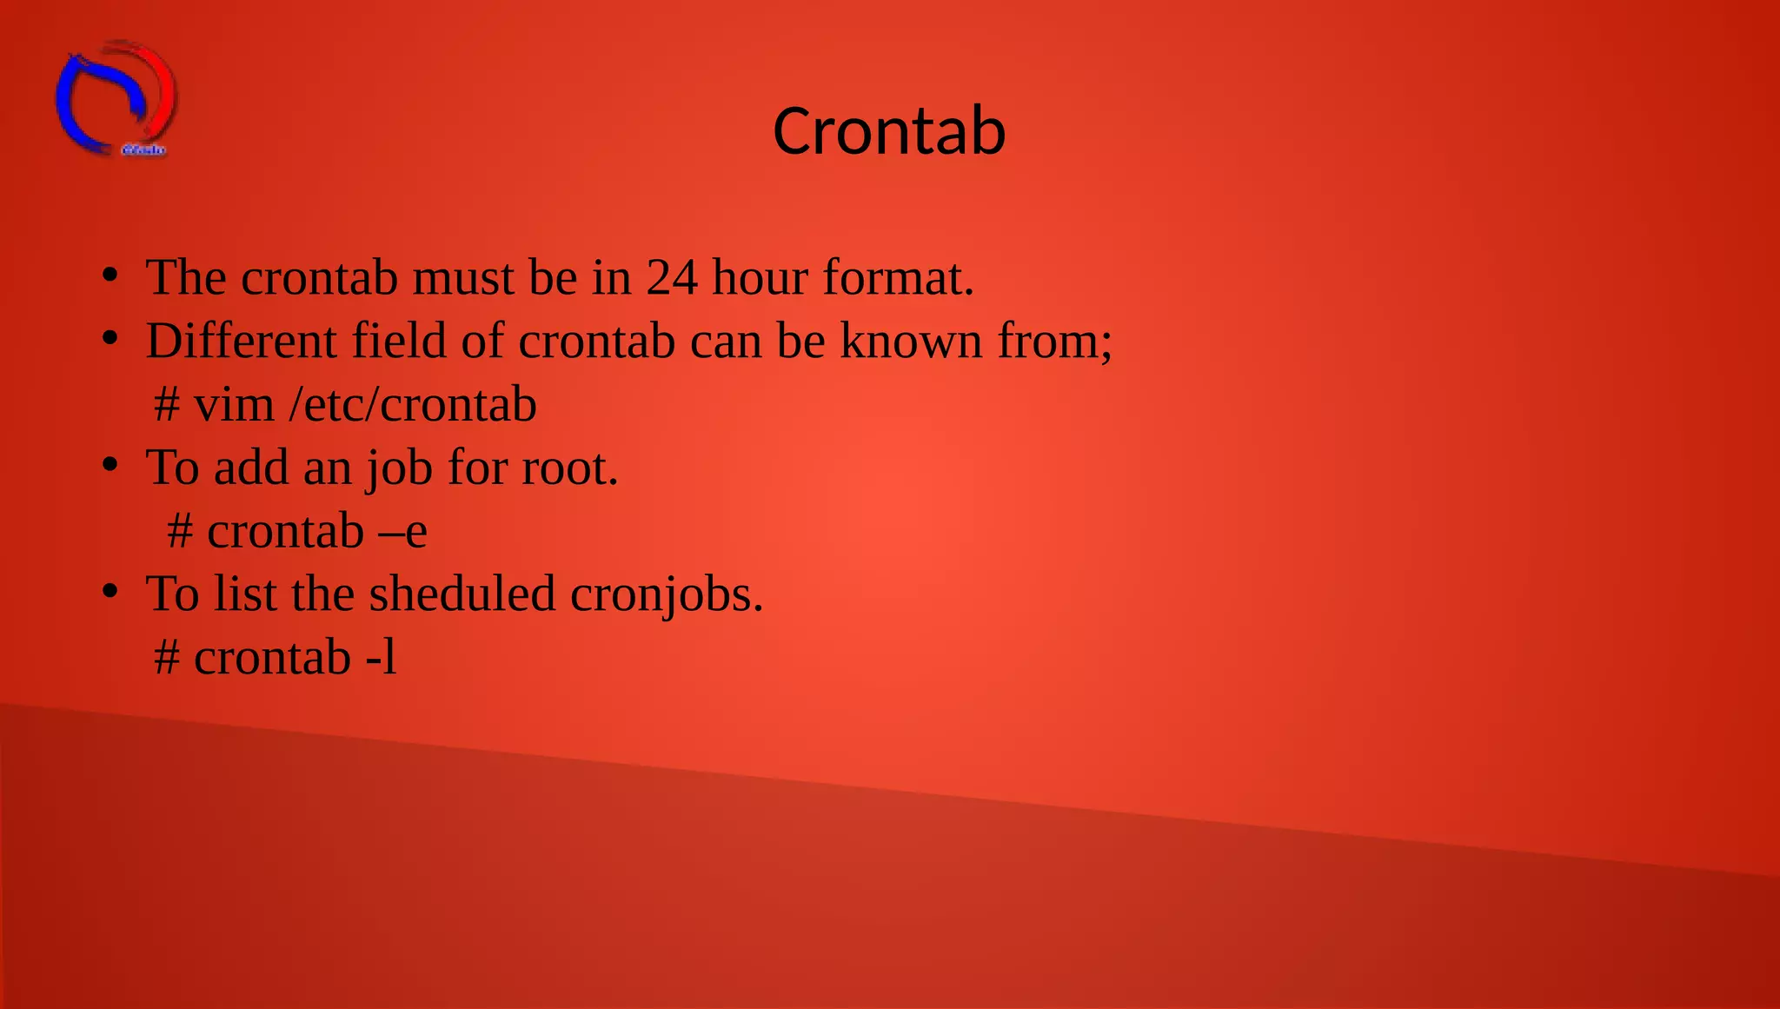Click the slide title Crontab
click(889, 131)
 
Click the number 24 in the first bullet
click(671, 278)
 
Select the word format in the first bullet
click(898, 278)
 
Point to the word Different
click(241, 341)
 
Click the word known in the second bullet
click(911, 341)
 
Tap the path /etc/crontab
click(413, 405)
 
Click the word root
click(569, 468)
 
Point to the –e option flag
click(403, 532)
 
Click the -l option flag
click(382, 657)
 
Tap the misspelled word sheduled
click(462, 594)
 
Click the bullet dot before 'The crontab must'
click(110, 275)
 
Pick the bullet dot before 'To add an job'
click(110, 466)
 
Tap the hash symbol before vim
click(167, 405)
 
